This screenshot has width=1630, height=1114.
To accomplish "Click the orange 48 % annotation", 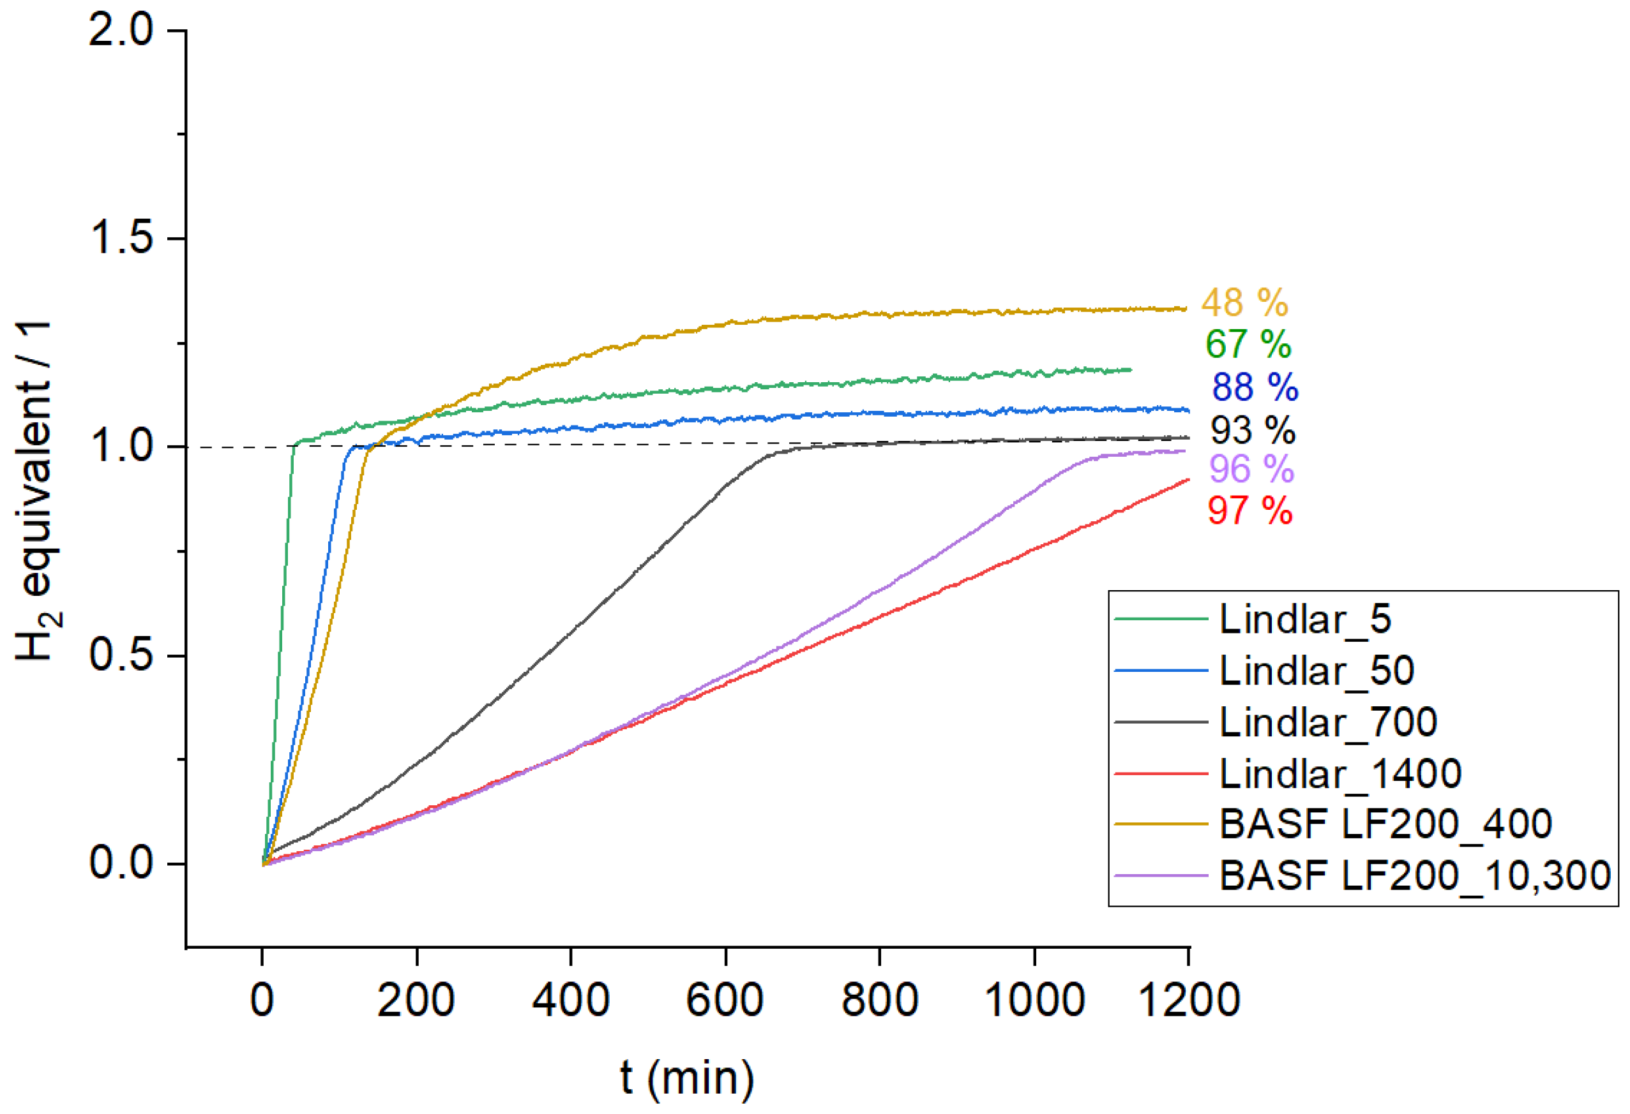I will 1244,303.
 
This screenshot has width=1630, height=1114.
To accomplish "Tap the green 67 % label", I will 1248,345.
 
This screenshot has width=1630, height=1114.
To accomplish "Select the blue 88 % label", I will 1255,387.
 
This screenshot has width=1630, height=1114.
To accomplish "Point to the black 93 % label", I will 1253,430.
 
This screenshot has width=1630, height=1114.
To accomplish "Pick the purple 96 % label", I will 1251,469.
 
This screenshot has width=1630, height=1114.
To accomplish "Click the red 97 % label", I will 1250,510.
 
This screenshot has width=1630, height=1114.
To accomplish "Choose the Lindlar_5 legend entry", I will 1304,619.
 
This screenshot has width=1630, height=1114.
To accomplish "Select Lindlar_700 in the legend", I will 1329,722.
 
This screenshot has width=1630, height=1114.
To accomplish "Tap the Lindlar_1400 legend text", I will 1340,773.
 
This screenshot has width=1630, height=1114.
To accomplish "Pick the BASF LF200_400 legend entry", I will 1385,824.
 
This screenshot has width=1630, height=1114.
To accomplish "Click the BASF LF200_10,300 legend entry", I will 1415,875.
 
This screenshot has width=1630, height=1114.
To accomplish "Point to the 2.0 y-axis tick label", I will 121,31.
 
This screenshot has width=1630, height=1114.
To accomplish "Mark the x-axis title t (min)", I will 688,1077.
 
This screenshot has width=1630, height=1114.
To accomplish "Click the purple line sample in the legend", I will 1161,875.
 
